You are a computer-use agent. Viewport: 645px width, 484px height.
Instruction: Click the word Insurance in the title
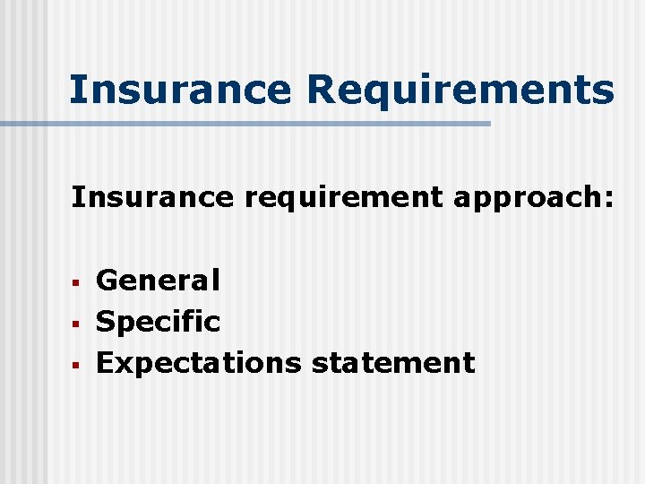(x=180, y=90)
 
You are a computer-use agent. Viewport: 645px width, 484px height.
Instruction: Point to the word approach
(x=527, y=197)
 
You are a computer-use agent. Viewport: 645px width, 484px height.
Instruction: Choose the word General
(x=158, y=281)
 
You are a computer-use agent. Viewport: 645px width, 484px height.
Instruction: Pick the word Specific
(x=158, y=321)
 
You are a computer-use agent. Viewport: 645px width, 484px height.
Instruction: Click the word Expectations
(x=199, y=362)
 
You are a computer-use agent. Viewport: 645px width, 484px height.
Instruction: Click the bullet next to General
(x=77, y=283)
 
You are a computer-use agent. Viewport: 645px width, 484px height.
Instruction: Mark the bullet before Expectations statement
(x=77, y=365)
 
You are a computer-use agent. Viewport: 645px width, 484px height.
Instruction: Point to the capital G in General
(x=107, y=281)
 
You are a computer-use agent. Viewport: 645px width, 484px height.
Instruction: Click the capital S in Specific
(x=106, y=321)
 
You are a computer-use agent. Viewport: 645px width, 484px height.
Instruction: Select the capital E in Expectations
(x=105, y=362)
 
